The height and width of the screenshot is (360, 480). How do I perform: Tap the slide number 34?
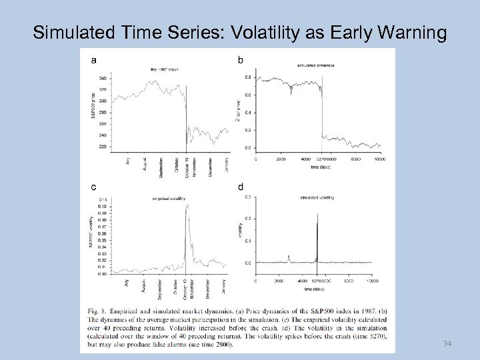click(446, 343)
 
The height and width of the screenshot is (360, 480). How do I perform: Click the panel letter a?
click(93, 60)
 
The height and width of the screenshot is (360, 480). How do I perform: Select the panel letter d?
click(241, 188)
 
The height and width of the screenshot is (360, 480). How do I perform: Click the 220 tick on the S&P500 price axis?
click(103, 146)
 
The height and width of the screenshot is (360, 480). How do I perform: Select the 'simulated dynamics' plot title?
click(315, 67)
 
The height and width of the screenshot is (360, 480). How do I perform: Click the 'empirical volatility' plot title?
click(169, 198)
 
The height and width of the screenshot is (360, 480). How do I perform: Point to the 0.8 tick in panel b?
click(248, 77)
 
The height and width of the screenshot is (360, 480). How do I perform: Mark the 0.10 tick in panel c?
click(101, 206)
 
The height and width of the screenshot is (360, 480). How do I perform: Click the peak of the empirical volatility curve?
click(187, 205)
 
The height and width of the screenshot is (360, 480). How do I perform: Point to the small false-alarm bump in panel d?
click(289, 256)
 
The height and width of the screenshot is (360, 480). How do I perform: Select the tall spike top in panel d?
click(317, 214)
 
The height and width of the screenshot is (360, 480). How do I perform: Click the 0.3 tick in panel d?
click(248, 197)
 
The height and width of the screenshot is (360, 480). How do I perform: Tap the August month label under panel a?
click(145, 164)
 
